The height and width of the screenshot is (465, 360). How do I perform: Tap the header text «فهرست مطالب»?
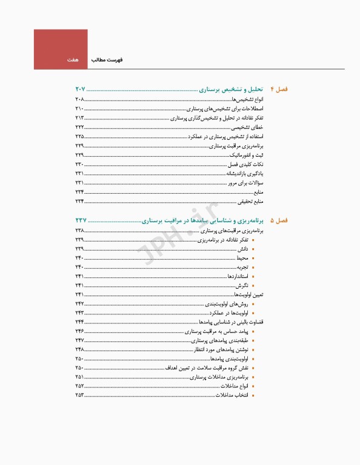tap(107, 61)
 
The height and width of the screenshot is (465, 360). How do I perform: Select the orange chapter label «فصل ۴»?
tap(279, 90)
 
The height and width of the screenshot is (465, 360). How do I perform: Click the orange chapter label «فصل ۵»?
tap(279, 221)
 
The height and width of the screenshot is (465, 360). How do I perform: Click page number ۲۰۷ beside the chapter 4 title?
tap(81, 90)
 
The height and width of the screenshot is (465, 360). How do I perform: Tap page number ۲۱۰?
tap(79, 108)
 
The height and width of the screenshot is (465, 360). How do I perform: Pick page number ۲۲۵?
tap(79, 137)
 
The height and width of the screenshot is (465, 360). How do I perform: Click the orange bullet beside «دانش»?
tap(253, 249)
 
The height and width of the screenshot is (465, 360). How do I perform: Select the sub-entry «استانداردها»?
tap(238, 276)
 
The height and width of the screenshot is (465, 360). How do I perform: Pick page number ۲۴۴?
tap(79, 322)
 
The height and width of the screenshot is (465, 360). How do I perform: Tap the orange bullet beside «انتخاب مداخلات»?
tap(253, 395)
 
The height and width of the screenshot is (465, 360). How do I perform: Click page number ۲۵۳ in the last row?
tap(79, 395)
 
